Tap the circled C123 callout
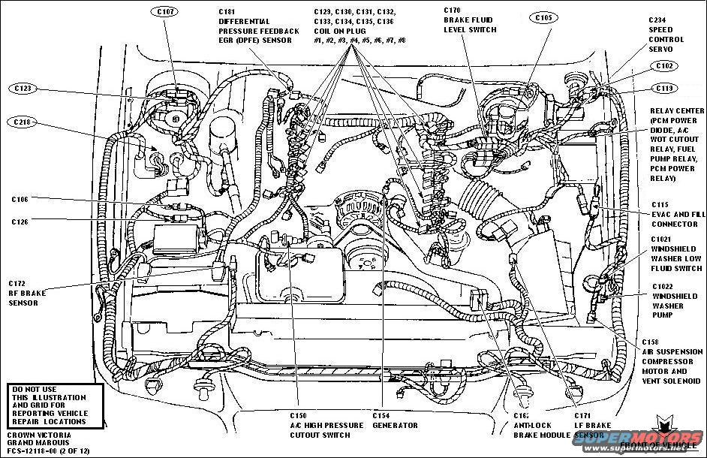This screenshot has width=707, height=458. (25, 88)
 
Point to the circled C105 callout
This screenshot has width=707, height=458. (544, 17)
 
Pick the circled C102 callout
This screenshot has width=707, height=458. (663, 66)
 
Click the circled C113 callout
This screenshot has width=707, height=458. (663, 88)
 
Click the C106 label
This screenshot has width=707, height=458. (20, 200)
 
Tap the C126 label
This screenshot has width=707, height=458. (20, 221)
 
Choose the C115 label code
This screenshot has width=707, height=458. (660, 205)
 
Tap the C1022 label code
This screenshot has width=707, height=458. (662, 286)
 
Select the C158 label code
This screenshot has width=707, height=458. (651, 342)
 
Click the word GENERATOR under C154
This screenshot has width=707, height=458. (395, 426)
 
